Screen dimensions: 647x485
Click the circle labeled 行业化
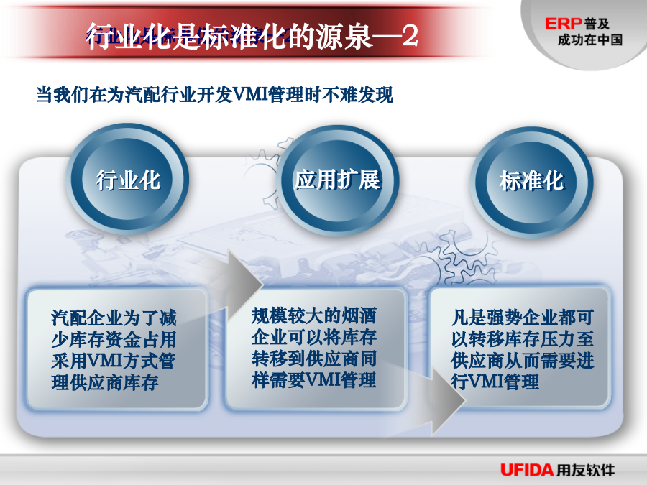click(127, 180)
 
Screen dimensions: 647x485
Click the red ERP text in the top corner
click(563, 24)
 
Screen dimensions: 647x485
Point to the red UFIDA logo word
click(527, 469)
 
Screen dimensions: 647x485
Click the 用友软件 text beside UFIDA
click(585, 469)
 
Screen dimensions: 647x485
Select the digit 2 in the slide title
click(410, 36)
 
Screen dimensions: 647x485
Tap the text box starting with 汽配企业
click(116, 349)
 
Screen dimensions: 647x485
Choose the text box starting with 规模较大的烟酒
click(316, 349)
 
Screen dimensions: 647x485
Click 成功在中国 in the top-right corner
click(590, 40)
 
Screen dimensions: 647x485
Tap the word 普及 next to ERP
click(597, 24)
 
